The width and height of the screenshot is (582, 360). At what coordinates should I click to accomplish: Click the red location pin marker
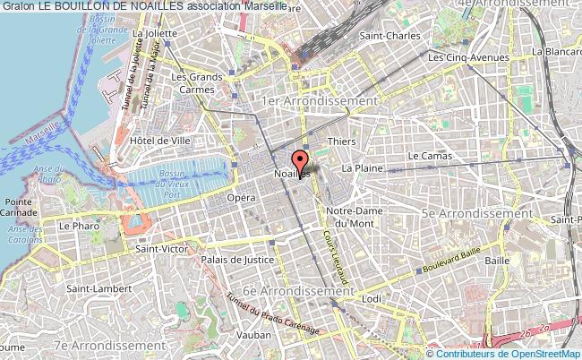(300, 163)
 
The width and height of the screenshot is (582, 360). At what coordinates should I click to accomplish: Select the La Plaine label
(362, 167)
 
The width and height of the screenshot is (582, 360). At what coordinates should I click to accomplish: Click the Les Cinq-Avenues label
(468, 57)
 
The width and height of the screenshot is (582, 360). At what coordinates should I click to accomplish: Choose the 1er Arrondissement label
(319, 101)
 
